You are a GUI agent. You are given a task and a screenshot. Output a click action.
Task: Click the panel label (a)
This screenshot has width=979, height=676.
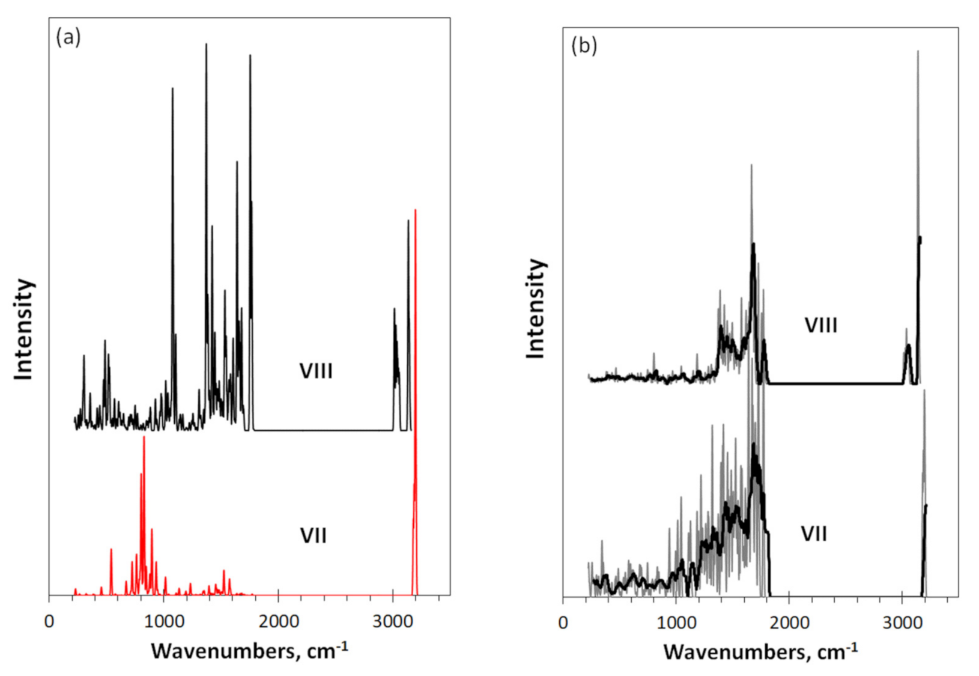pyautogui.click(x=68, y=37)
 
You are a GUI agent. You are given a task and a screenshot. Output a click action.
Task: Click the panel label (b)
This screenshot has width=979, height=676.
pyautogui.click(x=584, y=46)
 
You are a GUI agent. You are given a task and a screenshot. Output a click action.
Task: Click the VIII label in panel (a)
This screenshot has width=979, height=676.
pyautogui.click(x=316, y=371)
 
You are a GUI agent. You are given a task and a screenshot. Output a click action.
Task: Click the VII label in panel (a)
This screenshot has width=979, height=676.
pyautogui.click(x=314, y=535)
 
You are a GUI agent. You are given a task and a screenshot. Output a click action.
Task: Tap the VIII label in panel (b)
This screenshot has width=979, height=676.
pyautogui.click(x=820, y=326)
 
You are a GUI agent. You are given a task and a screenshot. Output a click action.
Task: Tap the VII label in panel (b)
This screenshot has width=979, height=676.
pyautogui.click(x=814, y=534)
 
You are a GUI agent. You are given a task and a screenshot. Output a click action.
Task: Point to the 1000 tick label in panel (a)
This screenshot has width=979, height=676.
pyautogui.click(x=163, y=621)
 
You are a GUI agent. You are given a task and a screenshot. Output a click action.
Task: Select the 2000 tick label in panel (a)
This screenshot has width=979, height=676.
pyautogui.click(x=278, y=621)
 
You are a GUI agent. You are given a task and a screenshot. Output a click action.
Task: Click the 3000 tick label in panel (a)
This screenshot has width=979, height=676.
pyautogui.click(x=392, y=621)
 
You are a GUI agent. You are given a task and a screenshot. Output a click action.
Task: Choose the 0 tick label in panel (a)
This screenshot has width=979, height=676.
pyautogui.click(x=49, y=621)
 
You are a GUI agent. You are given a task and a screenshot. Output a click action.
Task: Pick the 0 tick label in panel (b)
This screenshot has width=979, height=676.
pyautogui.click(x=563, y=623)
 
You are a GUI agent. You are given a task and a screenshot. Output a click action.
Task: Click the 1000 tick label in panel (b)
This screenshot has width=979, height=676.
pyautogui.click(x=676, y=623)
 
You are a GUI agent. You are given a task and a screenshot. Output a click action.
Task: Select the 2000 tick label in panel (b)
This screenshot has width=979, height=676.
pyautogui.click(x=789, y=623)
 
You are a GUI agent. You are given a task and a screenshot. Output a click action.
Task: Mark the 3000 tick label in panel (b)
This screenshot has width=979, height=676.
pyautogui.click(x=902, y=623)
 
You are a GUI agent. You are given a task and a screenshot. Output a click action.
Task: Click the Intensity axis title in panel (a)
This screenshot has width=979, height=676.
pyautogui.click(x=24, y=329)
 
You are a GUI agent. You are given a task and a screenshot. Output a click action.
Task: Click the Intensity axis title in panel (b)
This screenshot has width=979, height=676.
pyautogui.click(x=536, y=309)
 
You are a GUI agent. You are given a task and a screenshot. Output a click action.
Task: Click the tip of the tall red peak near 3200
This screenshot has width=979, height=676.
pyautogui.click(x=415, y=210)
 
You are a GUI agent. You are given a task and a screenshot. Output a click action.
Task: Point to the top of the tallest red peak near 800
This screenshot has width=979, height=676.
pyautogui.click(x=144, y=437)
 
